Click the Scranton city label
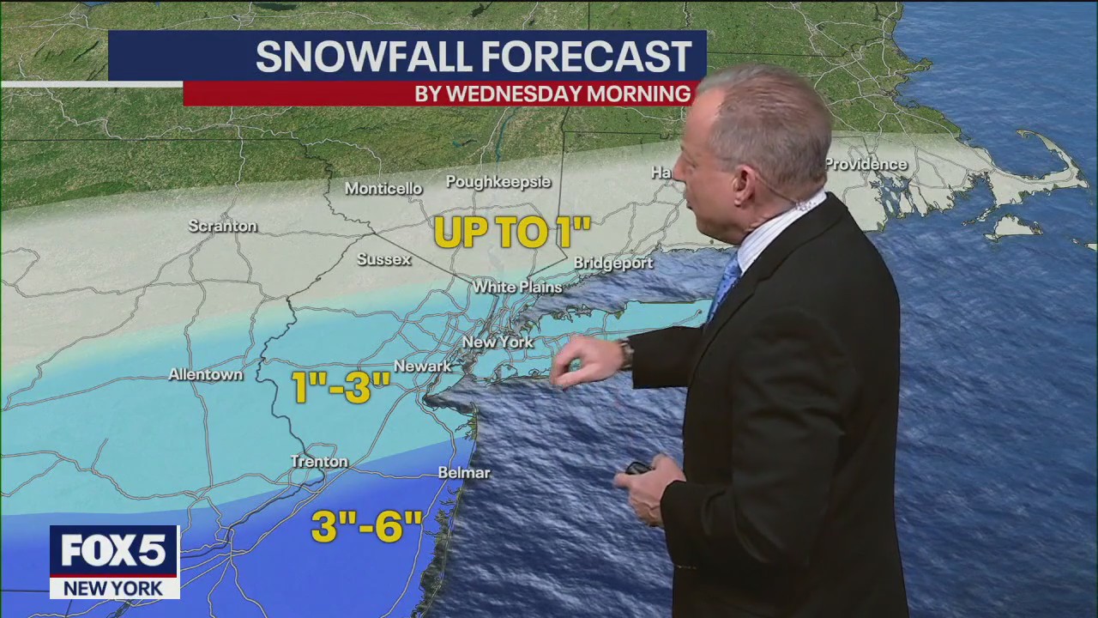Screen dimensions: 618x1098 pos(223,227)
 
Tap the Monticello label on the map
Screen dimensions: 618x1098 pos(383,189)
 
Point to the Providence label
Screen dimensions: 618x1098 pos(866,164)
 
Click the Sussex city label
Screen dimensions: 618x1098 pos(384,259)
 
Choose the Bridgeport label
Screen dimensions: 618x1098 pos(613,263)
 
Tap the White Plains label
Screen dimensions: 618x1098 pos(517,287)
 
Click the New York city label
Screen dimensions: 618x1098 pos(498,342)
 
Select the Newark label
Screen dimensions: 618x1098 pos(422,367)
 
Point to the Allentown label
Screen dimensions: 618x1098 pos(206,375)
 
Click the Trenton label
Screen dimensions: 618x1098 pos(319,462)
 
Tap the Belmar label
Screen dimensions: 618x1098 pos(464,473)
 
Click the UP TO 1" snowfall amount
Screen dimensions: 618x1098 pos(512,233)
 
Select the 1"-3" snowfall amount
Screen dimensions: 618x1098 pos(341,388)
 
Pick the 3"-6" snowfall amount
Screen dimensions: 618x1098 pos(367,526)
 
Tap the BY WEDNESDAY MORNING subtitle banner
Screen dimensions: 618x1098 pos(552,94)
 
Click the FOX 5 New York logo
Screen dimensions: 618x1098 pos(114,561)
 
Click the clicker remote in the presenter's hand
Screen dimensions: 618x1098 pos(638,469)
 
